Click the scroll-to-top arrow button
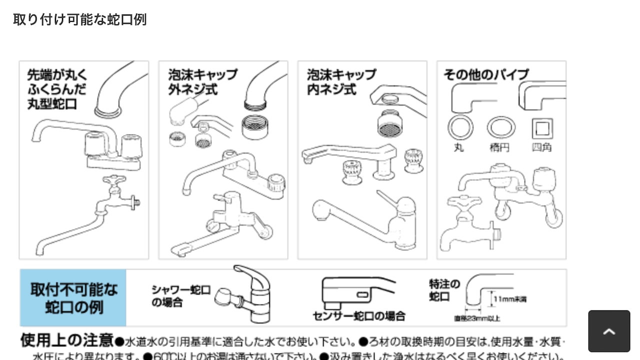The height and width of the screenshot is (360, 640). pos(609,331)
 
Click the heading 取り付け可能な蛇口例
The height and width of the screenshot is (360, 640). pos(79,19)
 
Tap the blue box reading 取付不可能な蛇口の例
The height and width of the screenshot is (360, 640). pos(73,298)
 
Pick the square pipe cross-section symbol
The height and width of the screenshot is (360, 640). pos(542,128)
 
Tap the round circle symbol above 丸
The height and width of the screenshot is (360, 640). pos(460,128)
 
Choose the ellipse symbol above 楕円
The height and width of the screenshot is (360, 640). pos(500,127)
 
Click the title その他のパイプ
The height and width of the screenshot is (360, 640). pos(485,75)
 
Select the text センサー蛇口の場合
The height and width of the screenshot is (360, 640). pos(358,316)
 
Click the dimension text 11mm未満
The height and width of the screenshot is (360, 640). pos(509,299)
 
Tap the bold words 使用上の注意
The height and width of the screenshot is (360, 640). pos(66,341)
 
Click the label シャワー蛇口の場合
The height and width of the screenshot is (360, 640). pos(180,296)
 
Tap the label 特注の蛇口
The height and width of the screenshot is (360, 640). pos(444,290)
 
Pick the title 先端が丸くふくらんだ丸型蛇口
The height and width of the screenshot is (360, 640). pos(56,89)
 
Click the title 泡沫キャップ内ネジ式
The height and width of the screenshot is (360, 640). pos(341,82)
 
